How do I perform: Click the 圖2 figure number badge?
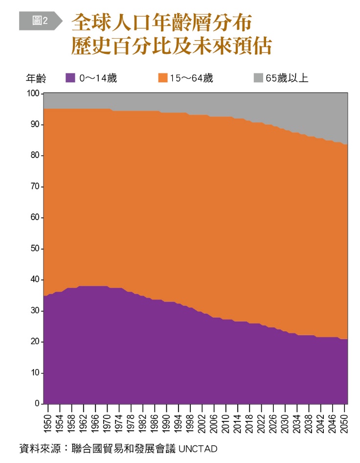pyautogui.click(x=40, y=21)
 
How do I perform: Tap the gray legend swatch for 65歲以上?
pyautogui.click(x=258, y=77)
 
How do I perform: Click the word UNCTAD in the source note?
pyautogui.click(x=198, y=448)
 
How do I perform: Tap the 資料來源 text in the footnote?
pyautogui.click(x=37, y=448)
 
